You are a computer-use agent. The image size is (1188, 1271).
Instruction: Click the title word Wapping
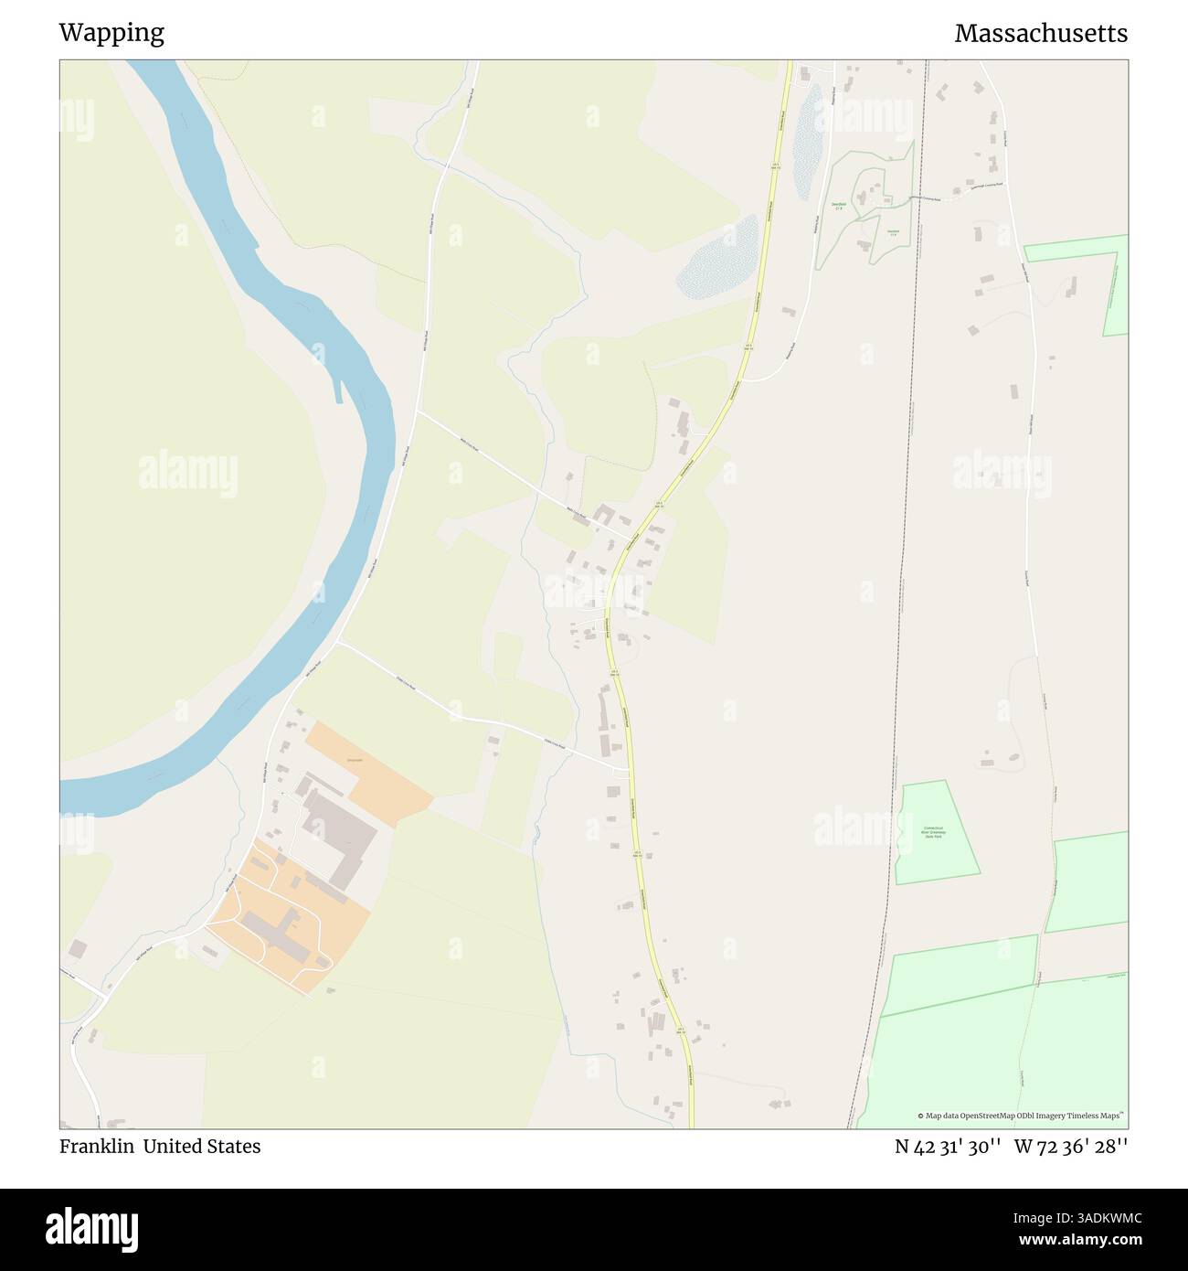[x=111, y=33]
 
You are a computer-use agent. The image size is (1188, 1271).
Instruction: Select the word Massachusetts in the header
[x=1041, y=33]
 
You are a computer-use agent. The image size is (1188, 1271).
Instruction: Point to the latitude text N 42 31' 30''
[x=948, y=1147]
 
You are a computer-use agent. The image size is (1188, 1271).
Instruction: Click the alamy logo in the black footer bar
[x=91, y=1229]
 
